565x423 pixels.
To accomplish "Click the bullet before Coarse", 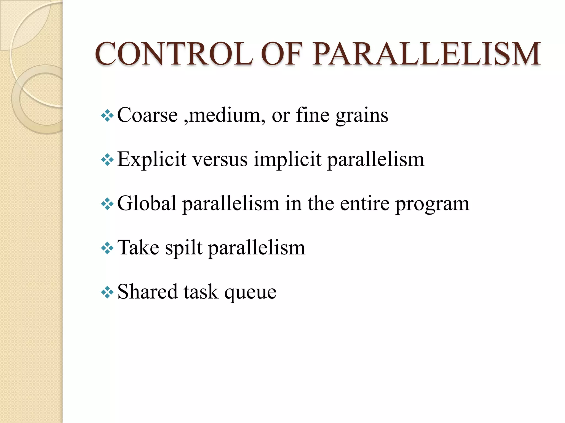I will point(107,116).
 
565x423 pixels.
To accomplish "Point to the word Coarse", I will point(148,115).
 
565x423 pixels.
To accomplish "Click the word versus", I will point(220,160).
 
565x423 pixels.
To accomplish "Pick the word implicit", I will point(287,160).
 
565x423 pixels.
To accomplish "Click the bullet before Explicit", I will point(107,160).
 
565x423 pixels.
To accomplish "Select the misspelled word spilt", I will point(184,248).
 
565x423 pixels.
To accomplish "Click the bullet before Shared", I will point(107,292).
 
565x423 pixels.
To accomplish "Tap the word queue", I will point(250,292).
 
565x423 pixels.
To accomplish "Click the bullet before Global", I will point(107,204).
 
